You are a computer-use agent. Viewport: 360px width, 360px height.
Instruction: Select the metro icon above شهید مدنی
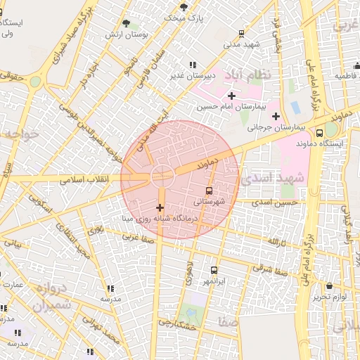tap(242, 33)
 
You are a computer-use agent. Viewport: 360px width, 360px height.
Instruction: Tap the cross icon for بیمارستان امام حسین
tap(231, 95)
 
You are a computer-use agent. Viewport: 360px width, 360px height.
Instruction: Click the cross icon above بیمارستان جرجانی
tap(276, 116)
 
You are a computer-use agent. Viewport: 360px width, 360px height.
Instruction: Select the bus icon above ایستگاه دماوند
tap(319, 132)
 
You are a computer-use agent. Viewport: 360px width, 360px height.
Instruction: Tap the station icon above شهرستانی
tap(210, 191)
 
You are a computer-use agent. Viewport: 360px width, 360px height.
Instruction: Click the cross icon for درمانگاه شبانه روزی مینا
tap(160, 207)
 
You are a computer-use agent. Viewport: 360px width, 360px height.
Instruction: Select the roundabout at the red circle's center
tap(162, 175)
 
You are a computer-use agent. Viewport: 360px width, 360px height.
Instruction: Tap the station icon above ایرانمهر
tap(214, 270)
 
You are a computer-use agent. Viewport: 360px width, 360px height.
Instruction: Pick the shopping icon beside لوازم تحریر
tap(330, 286)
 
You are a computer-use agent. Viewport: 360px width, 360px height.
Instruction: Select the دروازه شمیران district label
tap(51, 297)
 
